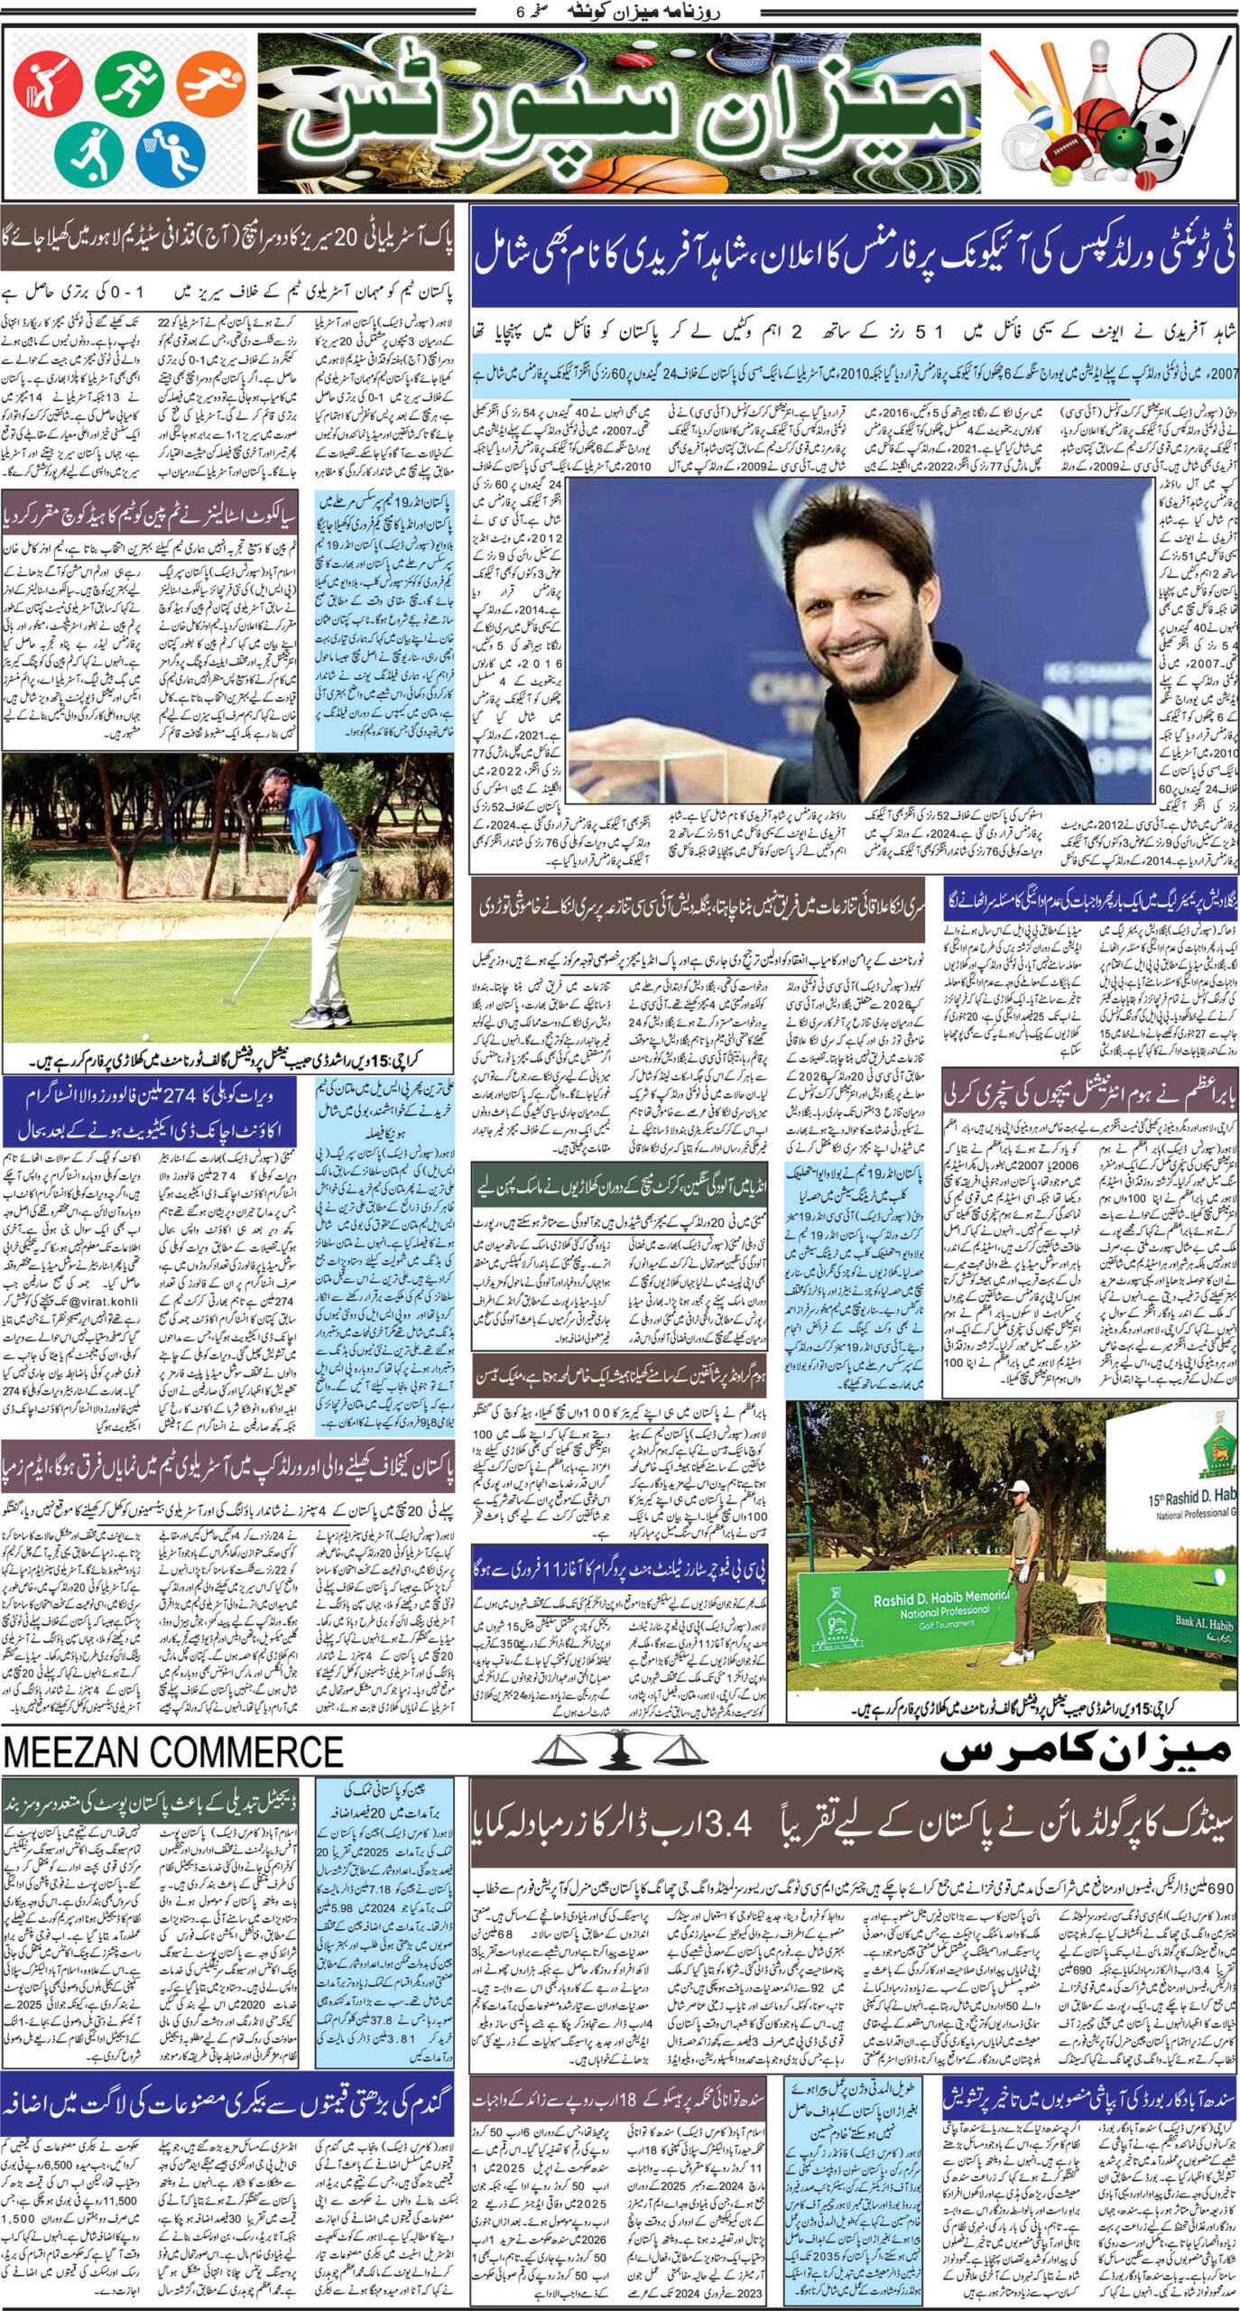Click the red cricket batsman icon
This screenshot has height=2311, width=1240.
point(47,86)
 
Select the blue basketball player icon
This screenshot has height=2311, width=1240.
point(170,153)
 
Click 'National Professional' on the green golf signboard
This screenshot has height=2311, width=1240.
point(944,1609)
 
